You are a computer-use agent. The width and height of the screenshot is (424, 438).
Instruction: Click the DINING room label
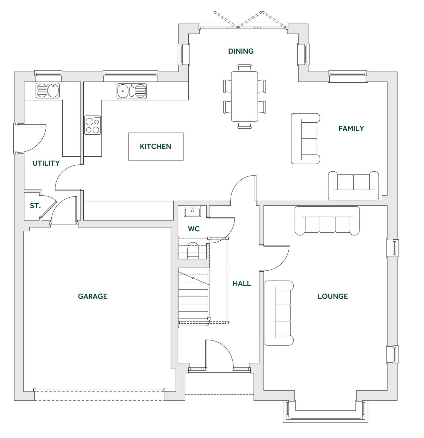pyautogui.click(x=241, y=51)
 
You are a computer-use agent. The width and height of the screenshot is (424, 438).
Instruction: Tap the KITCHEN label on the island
pyautogui.click(x=155, y=146)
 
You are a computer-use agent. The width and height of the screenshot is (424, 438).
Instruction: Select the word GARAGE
pyautogui.click(x=92, y=296)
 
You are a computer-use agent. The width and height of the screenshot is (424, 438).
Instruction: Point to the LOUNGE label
pyautogui.click(x=332, y=296)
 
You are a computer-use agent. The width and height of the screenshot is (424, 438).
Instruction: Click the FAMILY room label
pyautogui.click(x=351, y=128)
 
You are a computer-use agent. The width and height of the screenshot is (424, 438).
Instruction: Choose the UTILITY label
pyautogui.click(x=46, y=163)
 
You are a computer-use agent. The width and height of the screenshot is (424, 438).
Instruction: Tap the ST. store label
pyautogui.click(x=35, y=206)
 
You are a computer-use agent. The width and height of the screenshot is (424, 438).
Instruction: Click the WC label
pyautogui.click(x=194, y=229)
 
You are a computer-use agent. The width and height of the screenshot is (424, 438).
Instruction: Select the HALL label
pyautogui.click(x=241, y=284)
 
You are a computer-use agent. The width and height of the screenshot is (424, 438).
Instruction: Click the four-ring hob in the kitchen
pyautogui.click(x=92, y=125)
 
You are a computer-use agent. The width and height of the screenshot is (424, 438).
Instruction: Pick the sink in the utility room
pyautogui.click(x=48, y=91)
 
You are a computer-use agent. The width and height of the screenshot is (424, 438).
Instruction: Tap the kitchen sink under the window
pyautogui.click(x=131, y=91)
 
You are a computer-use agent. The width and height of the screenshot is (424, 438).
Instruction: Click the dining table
pyautogui.click(x=244, y=96)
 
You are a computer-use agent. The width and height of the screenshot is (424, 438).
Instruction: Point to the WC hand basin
pyautogui.click(x=192, y=212)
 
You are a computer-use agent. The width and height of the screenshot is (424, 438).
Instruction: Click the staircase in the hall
pyautogui.click(x=194, y=297)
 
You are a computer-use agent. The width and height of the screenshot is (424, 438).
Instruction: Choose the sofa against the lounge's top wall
pyautogui.click(x=327, y=221)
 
